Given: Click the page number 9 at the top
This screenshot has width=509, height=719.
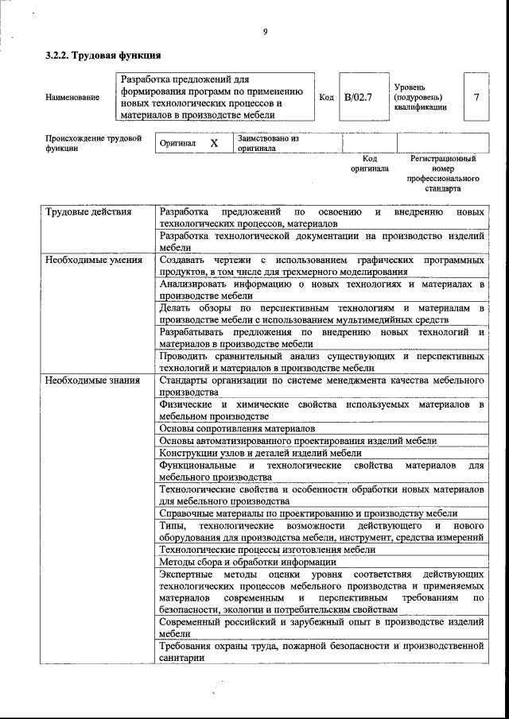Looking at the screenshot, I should point(265,32).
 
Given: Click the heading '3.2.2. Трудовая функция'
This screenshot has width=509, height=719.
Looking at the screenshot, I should point(103,56).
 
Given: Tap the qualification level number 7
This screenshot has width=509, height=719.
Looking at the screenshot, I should point(476,97).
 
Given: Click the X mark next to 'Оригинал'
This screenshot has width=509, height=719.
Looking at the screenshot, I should point(214,144).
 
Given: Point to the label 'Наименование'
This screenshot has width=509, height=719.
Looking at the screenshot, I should point(73,97).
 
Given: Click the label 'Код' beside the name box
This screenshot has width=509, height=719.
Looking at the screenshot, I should point(326,97).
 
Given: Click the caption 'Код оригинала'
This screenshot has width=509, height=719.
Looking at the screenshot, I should point(370,164).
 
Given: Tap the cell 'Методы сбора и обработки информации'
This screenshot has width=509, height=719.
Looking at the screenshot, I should point(247,562).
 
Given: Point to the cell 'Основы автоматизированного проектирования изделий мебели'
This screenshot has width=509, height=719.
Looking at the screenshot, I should point(297,441).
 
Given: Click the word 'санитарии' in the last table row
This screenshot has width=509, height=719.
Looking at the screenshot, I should point(182,658).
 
